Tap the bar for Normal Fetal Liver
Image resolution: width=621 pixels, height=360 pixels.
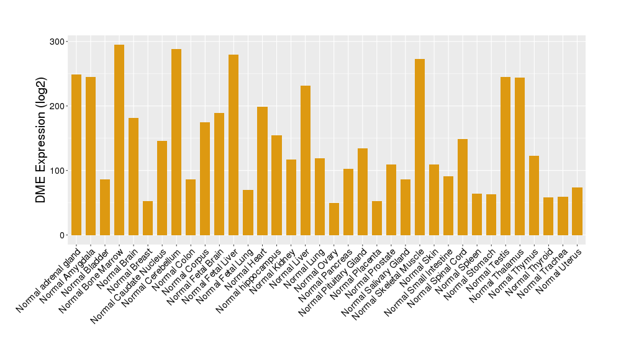coord(233,145)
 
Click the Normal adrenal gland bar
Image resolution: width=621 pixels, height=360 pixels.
coord(76,155)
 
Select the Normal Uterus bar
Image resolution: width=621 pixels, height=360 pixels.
coord(577,211)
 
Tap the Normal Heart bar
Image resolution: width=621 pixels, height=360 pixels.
coord(262,171)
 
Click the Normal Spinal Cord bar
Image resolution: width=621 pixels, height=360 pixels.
coord(463,187)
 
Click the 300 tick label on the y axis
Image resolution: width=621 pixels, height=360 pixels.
coord(58,42)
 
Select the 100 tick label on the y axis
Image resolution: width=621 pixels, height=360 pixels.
coord(58,171)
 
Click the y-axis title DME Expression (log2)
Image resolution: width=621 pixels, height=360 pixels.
coord(41,140)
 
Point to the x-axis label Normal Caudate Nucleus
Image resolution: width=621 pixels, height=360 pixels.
coord(129,286)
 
